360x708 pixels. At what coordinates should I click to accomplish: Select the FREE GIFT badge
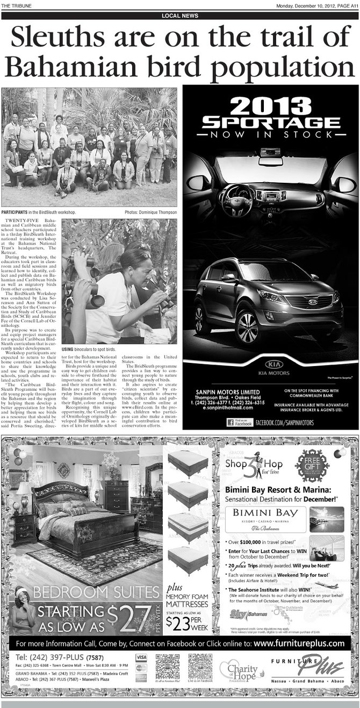tap(311, 465)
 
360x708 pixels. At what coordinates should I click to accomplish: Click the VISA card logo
tap(141, 657)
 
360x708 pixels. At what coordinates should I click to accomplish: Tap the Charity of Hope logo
tap(239, 670)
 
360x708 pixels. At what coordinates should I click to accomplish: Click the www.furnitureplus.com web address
tap(299, 643)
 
